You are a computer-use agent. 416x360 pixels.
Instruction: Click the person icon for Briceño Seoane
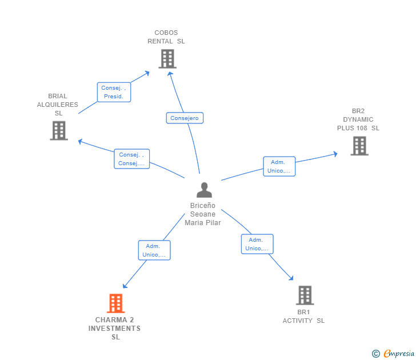pyautogui.click(x=204, y=190)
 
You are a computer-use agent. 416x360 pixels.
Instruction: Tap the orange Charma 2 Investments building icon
pyautogui.click(x=115, y=303)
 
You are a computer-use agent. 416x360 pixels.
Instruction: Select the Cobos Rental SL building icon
pyautogui.click(x=167, y=59)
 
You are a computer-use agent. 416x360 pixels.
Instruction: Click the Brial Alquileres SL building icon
pyautogui.click(x=59, y=130)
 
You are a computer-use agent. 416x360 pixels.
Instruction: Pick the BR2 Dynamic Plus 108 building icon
pyautogui.click(x=359, y=146)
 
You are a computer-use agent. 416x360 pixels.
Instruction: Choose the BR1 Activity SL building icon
pyautogui.click(x=305, y=295)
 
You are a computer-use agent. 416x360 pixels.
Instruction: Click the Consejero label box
pyautogui.click(x=185, y=118)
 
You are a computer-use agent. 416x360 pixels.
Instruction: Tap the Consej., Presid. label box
pyautogui.click(x=114, y=92)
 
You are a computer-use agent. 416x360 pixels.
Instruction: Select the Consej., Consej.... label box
pyautogui.click(x=131, y=159)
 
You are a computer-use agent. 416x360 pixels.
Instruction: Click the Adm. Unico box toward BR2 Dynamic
pyautogui.click(x=279, y=166)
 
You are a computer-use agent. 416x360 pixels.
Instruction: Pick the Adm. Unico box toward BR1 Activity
pyautogui.click(x=257, y=244)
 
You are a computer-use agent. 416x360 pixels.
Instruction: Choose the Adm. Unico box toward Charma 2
pyautogui.click(x=154, y=250)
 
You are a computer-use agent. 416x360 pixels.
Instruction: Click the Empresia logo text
pyautogui.click(x=399, y=353)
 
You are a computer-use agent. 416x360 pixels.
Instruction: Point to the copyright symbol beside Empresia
pyautogui.click(x=375, y=354)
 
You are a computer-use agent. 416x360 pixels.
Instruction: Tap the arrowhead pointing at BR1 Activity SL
pyautogui.click(x=291, y=278)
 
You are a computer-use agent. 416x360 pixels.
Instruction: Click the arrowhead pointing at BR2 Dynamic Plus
pyautogui.click(x=335, y=154)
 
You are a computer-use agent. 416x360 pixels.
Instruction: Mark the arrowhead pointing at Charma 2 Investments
pyautogui.click(x=125, y=286)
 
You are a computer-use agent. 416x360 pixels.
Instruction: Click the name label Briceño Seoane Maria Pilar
pyautogui.click(x=203, y=214)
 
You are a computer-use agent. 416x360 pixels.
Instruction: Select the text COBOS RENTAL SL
pyautogui.click(x=166, y=37)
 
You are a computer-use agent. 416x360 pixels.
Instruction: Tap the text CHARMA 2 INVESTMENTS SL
pyautogui.click(x=115, y=329)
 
